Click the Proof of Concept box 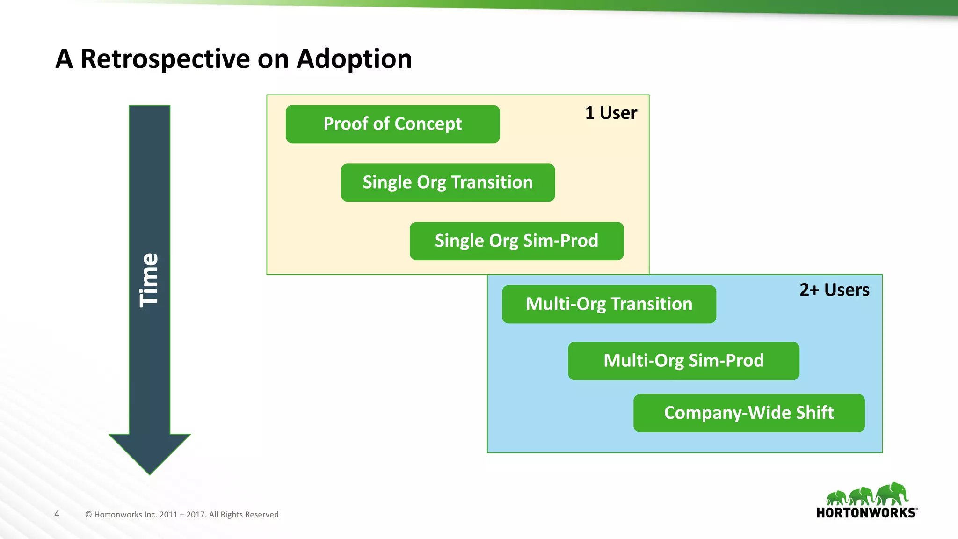[392, 124]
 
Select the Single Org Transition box [448, 182]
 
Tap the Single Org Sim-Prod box [516, 241]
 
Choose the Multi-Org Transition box [609, 304]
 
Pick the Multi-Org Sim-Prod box [683, 361]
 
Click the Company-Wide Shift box [749, 413]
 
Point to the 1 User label [611, 113]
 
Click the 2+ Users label [834, 290]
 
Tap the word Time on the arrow [149, 280]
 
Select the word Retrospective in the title [165, 59]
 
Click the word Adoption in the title [354, 59]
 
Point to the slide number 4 [57, 514]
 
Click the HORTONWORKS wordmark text [866, 513]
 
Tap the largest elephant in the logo [892, 494]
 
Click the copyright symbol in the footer [88, 515]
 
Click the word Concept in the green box [428, 124]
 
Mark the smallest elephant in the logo [836, 497]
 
